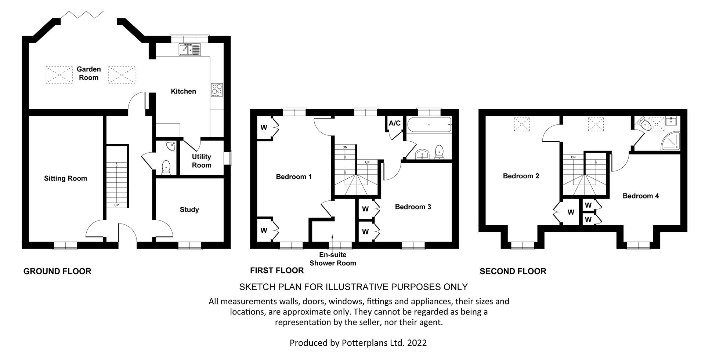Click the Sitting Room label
pos(65,178)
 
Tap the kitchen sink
pos(190,50)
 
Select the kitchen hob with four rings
pos(217,90)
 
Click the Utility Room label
pos(202,161)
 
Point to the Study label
pos(189,210)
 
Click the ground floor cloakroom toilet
pos(166,167)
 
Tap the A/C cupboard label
pos(395,123)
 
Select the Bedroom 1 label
pos(294,177)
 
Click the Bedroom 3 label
pos(413,207)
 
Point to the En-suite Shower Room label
pos(333,259)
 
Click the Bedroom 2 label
pos(521,176)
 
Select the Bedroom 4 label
pos(641,196)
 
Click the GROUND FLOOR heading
pos(57,271)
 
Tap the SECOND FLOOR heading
pos(513,271)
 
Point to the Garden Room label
pos(88,73)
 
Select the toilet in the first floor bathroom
pos(439,153)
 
